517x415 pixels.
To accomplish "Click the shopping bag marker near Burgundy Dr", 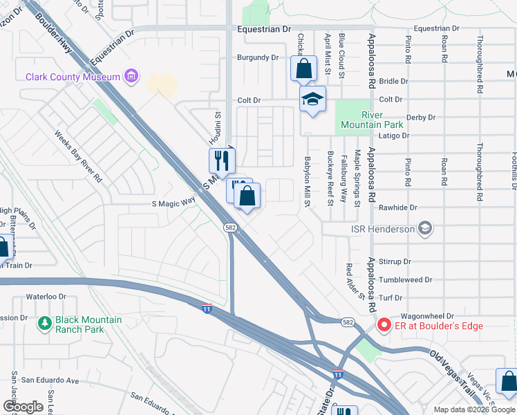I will click(x=303, y=68).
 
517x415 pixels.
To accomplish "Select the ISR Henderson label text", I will click(x=383, y=229).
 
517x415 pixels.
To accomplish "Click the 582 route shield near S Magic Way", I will click(x=231, y=227).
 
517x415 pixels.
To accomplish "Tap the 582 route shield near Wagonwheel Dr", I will click(x=348, y=322).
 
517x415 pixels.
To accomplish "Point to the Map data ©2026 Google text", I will click(x=473, y=409).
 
